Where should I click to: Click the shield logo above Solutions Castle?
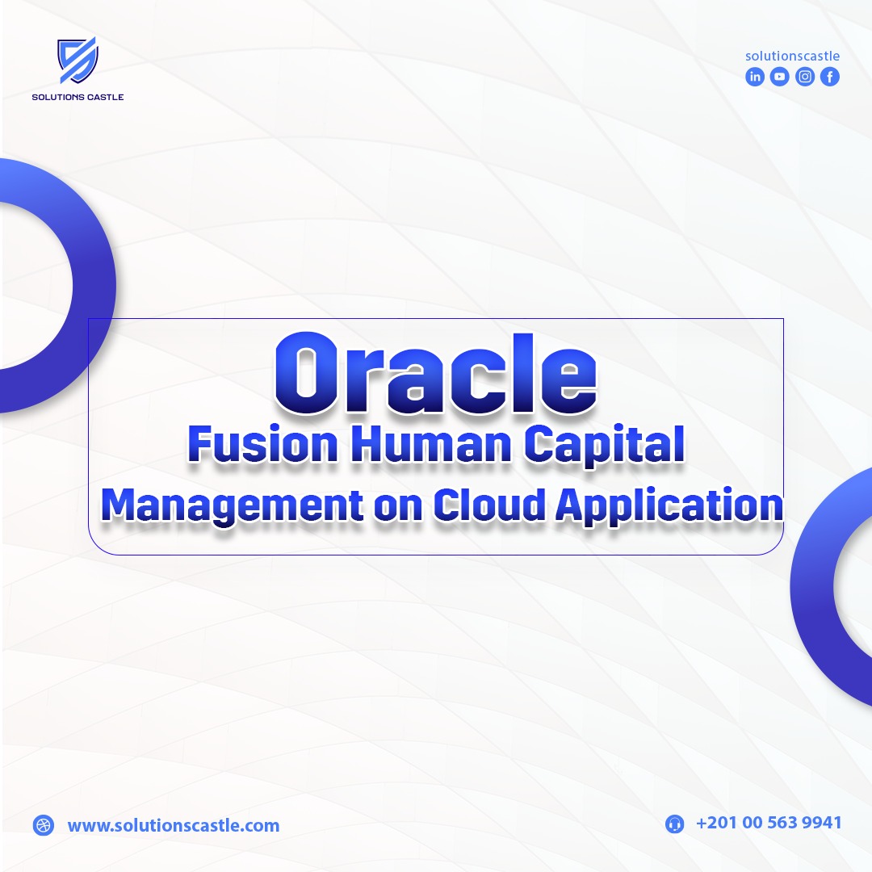point(78,60)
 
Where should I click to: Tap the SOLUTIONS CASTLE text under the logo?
point(78,97)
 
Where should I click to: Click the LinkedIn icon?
point(755,77)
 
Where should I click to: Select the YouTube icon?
point(780,77)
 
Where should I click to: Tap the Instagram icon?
point(805,77)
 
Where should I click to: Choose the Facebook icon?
point(830,77)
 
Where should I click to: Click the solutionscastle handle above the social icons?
point(793,56)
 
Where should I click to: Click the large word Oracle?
point(436,374)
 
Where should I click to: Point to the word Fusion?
point(263,444)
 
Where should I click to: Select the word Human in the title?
point(431,444)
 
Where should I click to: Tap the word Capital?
point(605,445)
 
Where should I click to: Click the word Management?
point(233,506)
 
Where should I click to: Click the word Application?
point(669,506)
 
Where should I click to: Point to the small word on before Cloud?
point(398,509)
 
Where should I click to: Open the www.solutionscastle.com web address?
point(174,825)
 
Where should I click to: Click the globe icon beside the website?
point(44,824)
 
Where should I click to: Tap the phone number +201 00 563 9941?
point(769,823)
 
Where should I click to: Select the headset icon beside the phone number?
point(674,824)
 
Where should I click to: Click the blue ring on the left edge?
point(94,285)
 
